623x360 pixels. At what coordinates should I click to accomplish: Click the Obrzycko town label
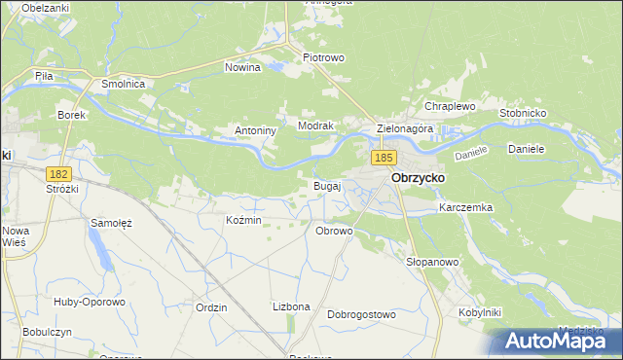(x=418, y=179)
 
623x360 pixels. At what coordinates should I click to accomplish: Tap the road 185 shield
(x=383, y=157)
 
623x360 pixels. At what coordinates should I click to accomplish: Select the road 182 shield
(x=58, y=172)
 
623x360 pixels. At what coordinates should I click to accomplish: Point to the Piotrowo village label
(x=323, y=57)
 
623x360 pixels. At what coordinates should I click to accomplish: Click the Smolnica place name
(x=123, y=85)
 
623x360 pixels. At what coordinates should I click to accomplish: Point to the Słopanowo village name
(x=431, y=262)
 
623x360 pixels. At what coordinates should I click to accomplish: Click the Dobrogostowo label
(x=361, y=314)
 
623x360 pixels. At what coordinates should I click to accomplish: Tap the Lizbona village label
(x=291, y=306)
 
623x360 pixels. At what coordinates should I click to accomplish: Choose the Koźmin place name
(x=243, y=221)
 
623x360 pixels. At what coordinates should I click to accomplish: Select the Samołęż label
(x=111, y=223)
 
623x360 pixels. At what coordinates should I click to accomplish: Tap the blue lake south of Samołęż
(x=100, y=254)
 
